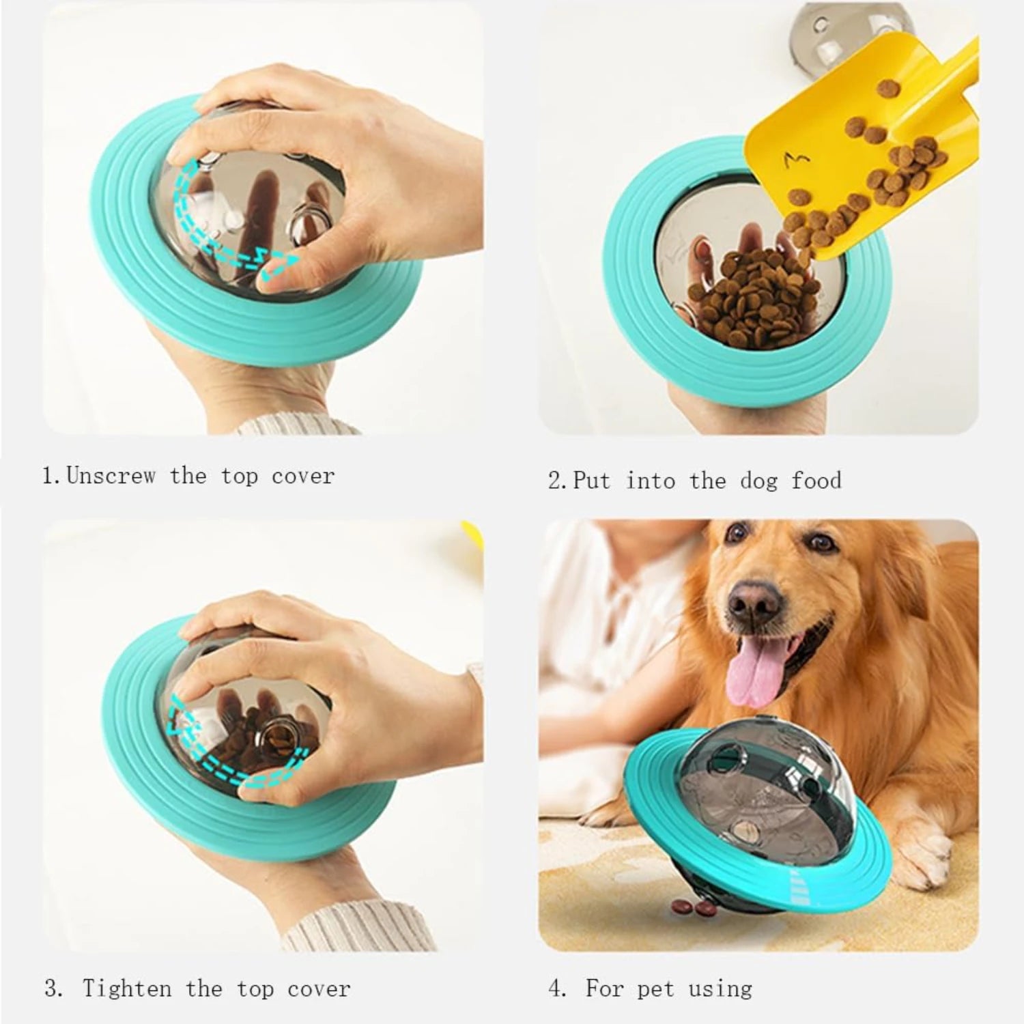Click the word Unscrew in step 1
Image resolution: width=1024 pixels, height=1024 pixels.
coord(111,475)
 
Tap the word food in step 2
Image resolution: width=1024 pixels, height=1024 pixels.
coord(816,481)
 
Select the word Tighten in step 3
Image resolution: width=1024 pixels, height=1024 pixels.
coord(127,989)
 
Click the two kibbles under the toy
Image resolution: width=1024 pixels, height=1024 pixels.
coord(689,905)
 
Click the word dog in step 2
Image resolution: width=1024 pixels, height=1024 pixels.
coord(758,481)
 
